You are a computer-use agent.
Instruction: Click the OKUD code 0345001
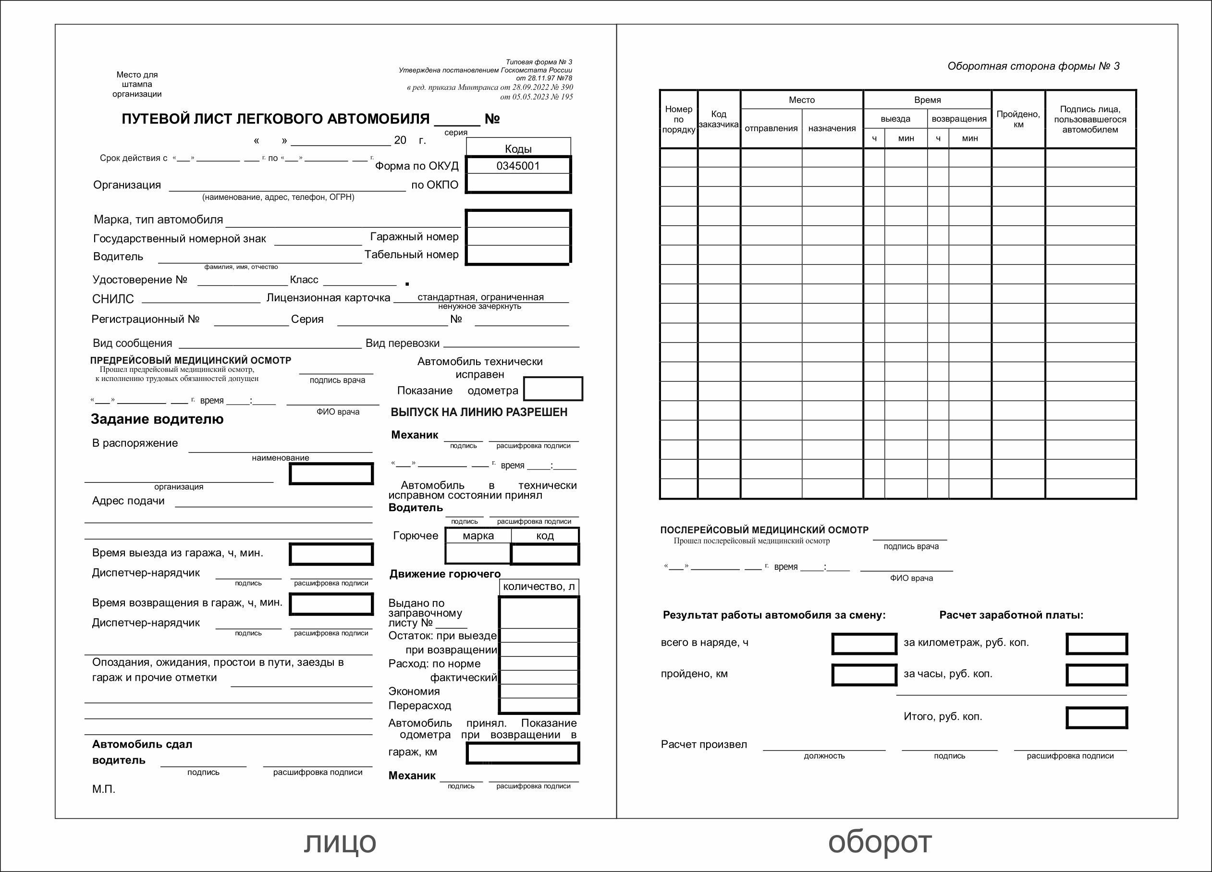click(518, 166)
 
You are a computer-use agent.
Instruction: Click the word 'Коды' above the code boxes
click(518, 148)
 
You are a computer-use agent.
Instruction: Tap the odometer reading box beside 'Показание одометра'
click(552, 389)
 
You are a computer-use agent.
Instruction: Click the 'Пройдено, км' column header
click(1018, 119)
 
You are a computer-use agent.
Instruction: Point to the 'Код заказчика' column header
click(719, 119)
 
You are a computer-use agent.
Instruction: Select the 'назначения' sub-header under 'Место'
click(832, 128)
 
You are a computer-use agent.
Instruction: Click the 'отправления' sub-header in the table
click(771, 128)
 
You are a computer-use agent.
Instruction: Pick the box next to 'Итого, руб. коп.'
click(1097, 718)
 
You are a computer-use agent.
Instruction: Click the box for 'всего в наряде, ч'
click(864, 644)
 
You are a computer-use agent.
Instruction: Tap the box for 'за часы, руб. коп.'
click(1097, 675)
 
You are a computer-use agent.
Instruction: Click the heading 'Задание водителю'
click(157, 419)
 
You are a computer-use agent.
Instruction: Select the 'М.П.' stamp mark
click(104, 789)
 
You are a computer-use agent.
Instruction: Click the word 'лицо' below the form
click(340, 842)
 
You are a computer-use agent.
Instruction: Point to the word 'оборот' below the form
click(880, 842)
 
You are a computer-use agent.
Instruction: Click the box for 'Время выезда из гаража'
click(331, 554)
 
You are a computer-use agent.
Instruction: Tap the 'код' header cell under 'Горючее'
click(545, 536)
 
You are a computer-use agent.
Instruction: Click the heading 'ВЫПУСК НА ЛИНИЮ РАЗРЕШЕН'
click(479, 412)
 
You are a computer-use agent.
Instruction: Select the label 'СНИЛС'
click(113, 299)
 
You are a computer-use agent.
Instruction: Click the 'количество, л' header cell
click(539, 587)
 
